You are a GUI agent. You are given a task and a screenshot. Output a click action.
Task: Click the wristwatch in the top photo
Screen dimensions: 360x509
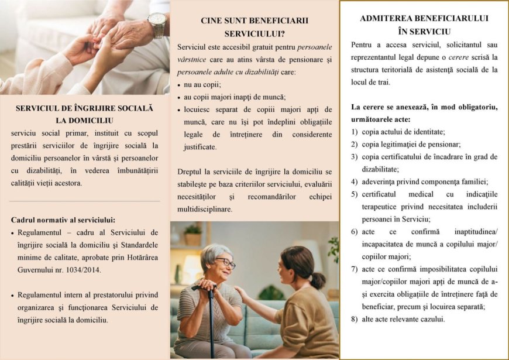[x=157, y=25]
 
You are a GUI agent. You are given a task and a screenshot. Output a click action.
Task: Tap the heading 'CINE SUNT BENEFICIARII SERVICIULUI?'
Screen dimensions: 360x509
[x=254, y=27]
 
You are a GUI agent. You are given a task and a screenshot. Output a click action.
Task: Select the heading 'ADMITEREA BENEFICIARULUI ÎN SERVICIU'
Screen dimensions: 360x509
[x=424, y=25]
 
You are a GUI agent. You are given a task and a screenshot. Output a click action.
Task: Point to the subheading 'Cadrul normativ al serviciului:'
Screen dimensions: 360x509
[x=63, y=220]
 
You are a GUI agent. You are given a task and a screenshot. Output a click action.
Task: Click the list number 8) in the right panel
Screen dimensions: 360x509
[x=355, y=319]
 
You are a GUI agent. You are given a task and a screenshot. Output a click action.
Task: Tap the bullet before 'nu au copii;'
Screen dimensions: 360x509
[x=178, y=85]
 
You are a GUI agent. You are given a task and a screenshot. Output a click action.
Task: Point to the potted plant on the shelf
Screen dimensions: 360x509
[x=192, y=235]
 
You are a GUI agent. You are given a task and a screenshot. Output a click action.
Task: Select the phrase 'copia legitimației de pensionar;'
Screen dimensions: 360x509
[x=411, y=144]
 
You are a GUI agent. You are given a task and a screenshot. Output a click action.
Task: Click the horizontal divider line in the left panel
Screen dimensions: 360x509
[x=85, y=201]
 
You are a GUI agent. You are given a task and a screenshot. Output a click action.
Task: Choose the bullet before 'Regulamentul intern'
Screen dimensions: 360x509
[x=12, y=296]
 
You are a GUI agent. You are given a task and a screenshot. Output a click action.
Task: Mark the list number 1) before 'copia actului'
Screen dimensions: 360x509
[x=355, y=132]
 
